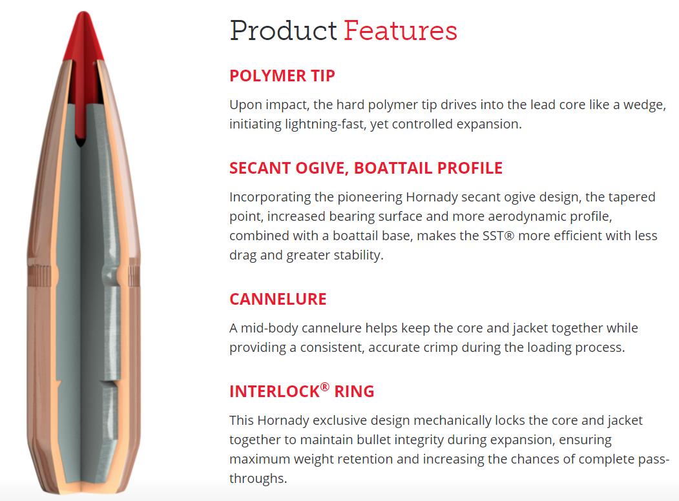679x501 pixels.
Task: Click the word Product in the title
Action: coord(283,31)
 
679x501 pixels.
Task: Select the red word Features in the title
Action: coord(401,31)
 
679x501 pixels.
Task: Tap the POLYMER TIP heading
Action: coord(282,76)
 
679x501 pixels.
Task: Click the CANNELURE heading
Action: coord(278,299)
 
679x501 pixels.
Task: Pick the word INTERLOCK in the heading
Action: coord(275,391)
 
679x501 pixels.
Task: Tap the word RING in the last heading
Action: coord(354,391)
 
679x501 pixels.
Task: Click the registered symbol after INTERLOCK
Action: coord(325,386)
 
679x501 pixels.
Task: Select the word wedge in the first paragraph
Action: coord(644,105)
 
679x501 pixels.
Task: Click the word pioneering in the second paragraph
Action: coord(370,198)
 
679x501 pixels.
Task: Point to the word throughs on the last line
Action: coord(258,478)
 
